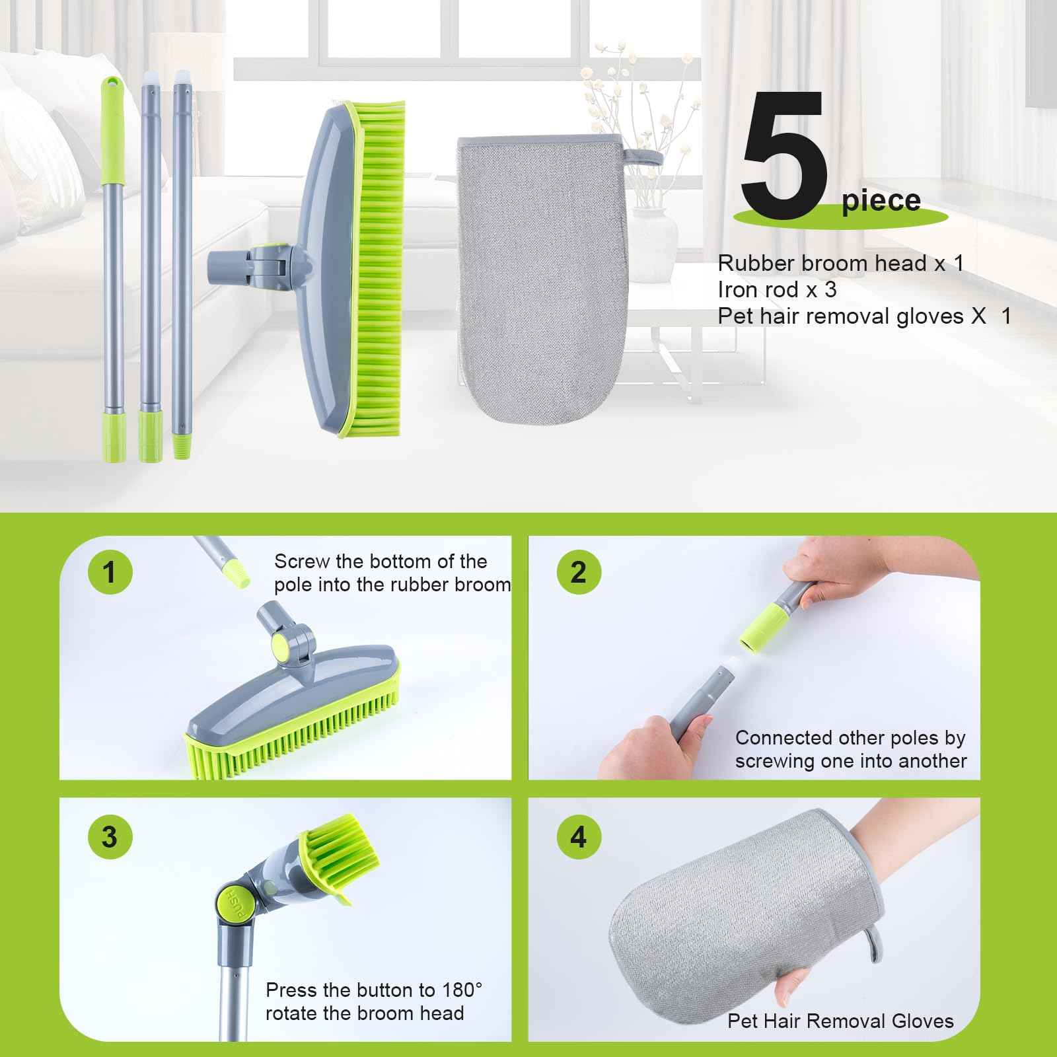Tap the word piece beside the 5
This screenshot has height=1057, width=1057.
tap(881, 200)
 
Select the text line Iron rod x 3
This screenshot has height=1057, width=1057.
tap(777, 289)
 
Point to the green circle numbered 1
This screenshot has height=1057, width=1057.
tap(110, 571)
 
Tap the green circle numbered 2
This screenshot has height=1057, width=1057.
tap(578, 571)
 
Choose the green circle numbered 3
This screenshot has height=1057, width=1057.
tap(110, 836)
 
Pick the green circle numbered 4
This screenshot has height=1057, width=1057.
tap(578, 837)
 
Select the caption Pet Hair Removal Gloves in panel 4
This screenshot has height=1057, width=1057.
tap(840, 1021)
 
